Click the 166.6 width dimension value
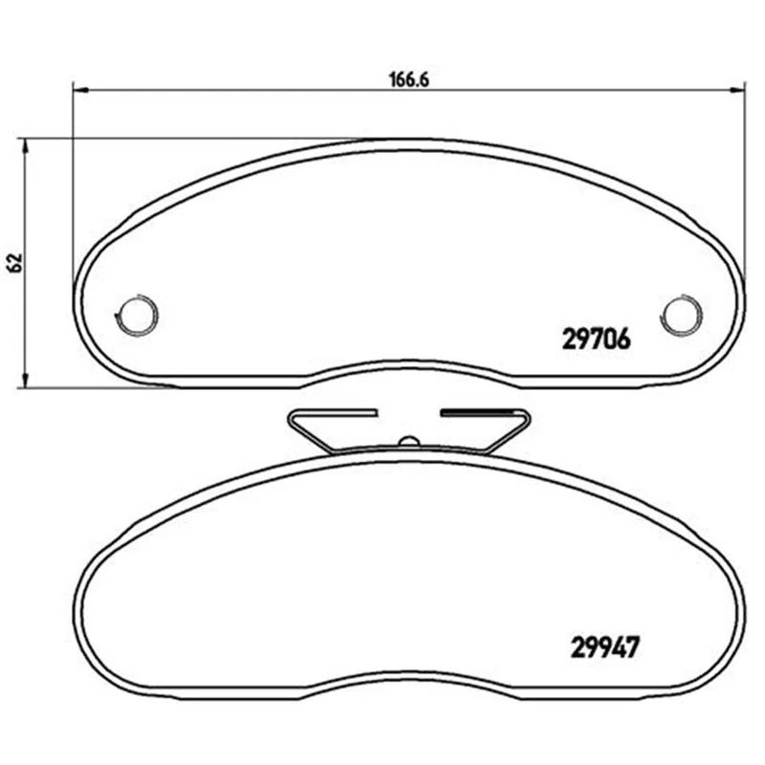[x=409, y=80]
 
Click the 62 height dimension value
[x=16, y=263]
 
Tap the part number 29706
[x=596, y=339]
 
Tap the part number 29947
[x=604, y=647]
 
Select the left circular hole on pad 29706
[x=137, y=316]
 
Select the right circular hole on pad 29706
[x=682, y=316]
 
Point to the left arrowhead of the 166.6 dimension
[x=80, y=90]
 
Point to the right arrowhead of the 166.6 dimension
[x=737, y=90]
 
